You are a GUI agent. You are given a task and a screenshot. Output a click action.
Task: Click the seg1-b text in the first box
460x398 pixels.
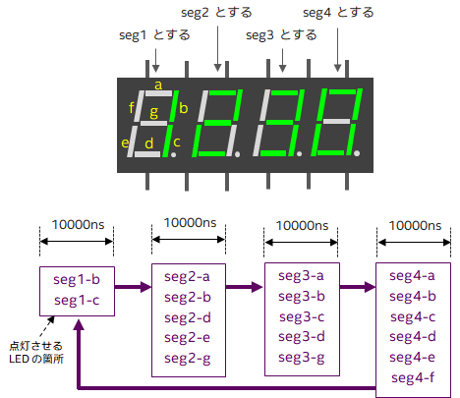[x=76, y=280]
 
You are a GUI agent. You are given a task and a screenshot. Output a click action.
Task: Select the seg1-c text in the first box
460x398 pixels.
[x=76, y=300]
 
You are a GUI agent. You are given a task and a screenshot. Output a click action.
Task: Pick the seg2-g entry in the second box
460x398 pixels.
[x=188, y=358]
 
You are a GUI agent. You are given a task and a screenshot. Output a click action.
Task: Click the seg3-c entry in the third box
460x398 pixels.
[x=301, y=317]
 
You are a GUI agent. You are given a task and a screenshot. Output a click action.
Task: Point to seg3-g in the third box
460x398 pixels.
[x=301, y=358]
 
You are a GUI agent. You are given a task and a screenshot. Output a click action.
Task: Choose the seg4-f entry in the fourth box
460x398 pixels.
[x=414, y=378]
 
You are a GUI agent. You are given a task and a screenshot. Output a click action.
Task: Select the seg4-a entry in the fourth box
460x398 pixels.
[x=414, y=276]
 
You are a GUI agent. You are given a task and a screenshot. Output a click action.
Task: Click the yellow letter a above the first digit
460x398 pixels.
[x=158, y=85]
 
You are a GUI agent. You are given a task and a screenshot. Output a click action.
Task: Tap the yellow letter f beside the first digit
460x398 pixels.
[x=132, y=106]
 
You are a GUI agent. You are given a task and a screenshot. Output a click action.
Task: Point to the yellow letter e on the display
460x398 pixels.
[x=125, y=143]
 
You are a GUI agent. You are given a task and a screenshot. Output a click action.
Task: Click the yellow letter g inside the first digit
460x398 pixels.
[x=153, y=113]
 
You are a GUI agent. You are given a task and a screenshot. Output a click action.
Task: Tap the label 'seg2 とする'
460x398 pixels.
[x=217, y=14]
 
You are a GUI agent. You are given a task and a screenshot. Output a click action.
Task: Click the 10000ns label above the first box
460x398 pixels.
[x=77, y=225]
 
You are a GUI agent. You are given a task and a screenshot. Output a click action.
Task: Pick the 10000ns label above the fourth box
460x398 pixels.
[x=414, y=225]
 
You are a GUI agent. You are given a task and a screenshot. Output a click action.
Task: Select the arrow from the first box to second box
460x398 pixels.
[x=133, y=288]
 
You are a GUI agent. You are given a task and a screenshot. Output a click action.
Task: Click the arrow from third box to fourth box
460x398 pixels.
[x=357, y=288]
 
